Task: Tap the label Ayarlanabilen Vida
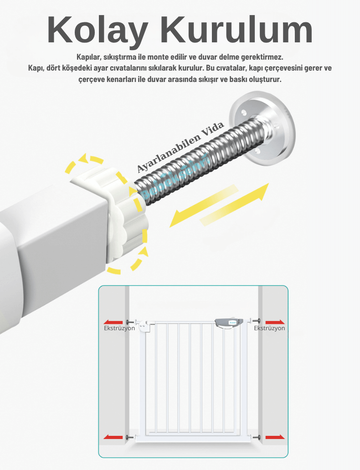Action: pyautogui.click(x=180, y=147)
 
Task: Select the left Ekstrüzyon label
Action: pyautogui.click(x=119, y=328)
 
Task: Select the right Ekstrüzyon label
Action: pyautogui.click(x=269, y=328)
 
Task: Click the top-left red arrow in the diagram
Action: pyautogui.click(x=113, y=322)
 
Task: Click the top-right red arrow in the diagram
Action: pyautogui.click(x=275, y=322)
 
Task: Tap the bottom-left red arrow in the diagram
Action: pyautogui.click(x=113, y=437)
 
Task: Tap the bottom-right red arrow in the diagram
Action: pyautogui.click(x=275, y=437)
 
